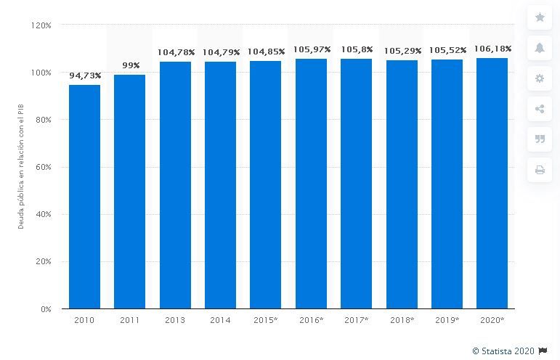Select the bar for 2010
coord(85,197)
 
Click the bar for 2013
coord(175,185)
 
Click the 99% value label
coord(131,65)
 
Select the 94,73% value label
coord(85,75)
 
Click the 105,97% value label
coord(312,49)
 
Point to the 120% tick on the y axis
coord(41,25)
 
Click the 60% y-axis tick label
coord(43,167)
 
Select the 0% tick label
coord(45,308)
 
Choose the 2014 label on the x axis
coord(220,320)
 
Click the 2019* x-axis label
coord(447,320)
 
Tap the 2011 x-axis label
coord(130,320)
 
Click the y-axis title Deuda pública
coord(21,167)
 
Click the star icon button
coord(540,17)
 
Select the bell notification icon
coord(540,48)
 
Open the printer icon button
coord(540,170)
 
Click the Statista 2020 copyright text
coord(503,351)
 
